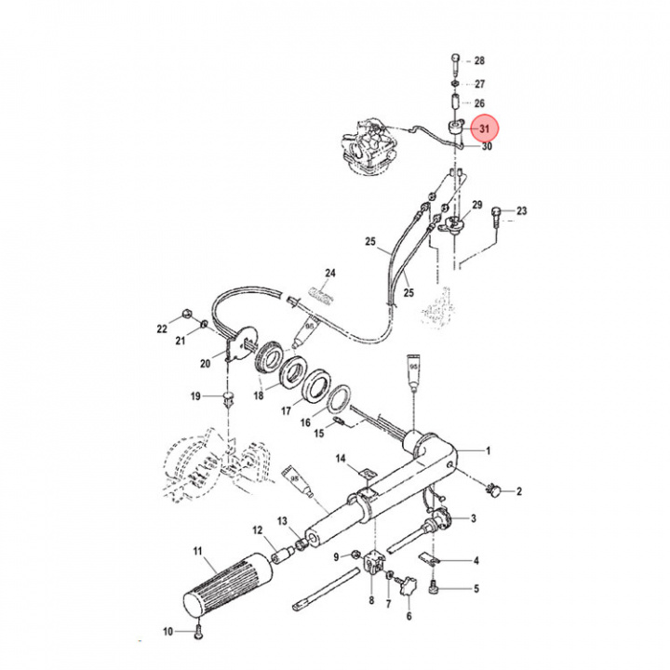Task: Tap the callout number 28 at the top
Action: (x=480, y=61)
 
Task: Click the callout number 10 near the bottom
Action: (x=168, y=632)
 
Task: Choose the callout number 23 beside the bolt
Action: (x=522, y=211)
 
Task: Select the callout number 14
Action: (x=341, y=459)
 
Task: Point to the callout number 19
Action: (x=195, y=397)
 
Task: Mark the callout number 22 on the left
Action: (x=162, y=329)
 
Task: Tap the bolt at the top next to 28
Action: (x=453, y=64)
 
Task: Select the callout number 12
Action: (x=258, y=530)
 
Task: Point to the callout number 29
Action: (x=477, y=205)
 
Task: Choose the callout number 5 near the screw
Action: (x=476, y=589)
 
